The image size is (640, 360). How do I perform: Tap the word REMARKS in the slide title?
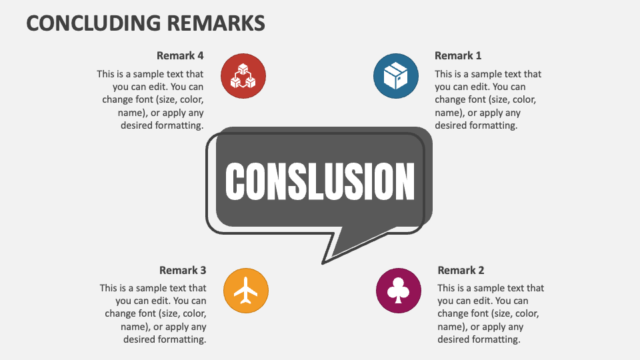[x=216, y=23]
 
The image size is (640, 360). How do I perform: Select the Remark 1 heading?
[x=458, y=55]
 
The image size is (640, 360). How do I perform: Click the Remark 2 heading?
[x=461, y=270]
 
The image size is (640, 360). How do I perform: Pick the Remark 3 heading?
[x=183, y=270]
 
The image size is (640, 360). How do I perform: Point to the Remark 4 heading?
[x=180, y=55]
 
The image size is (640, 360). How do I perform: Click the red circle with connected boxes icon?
[x=243, y=76]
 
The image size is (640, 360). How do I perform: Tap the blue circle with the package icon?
[x=396, y=76]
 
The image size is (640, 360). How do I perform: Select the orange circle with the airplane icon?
[x=246, y=291]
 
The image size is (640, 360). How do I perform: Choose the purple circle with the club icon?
[x=399, y=291]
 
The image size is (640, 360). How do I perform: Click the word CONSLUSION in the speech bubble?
[x=320, y=181]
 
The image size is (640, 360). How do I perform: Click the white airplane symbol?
[x=246, y=291]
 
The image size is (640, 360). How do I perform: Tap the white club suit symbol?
[x=399, y=290]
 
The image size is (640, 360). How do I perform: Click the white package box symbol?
[x=396, y=76]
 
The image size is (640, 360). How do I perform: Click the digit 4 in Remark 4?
[x=201, y=55]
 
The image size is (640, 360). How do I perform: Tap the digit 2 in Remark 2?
[x=481, y=270]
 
